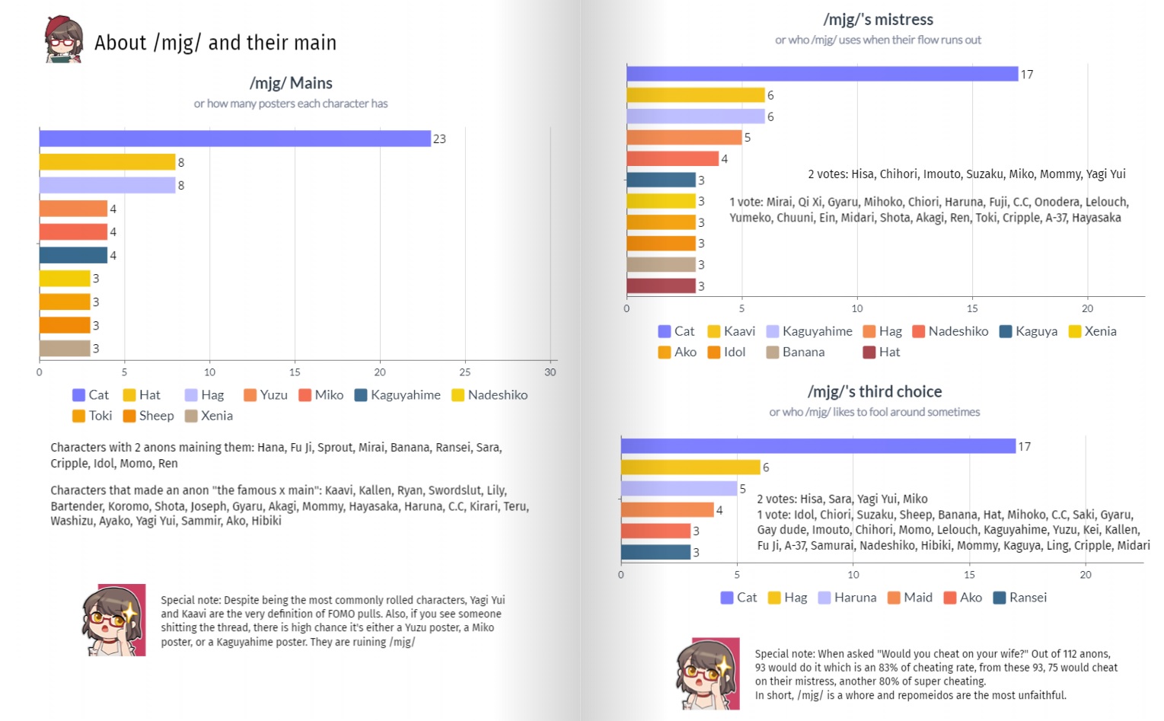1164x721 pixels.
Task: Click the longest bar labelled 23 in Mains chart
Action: pyautogui.click(x=234, y=139)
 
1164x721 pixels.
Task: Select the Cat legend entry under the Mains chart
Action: pyautogui.click(x=91, y=395)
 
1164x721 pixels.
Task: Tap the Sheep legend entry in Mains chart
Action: pyautogui.click(x=148, y=416)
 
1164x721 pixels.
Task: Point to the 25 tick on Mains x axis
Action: pyautogui.click(x=464, y=372)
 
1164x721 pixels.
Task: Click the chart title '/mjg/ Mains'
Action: pyautogui.click(x=291, y=83)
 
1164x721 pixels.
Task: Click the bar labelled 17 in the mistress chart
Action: pyautogui.click(x=822, y=74)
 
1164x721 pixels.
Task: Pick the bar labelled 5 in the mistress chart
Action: pyautogui.click(x=684, y=137)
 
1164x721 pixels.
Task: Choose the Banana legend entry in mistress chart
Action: pyautogui.click(x=796, y=352)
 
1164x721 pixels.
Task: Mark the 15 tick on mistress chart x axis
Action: pyautogui.click(x=972, y=308)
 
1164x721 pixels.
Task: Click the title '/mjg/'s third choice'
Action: pyautogui.click(x=875, y=391)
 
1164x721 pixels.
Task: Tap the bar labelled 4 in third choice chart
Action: pyautogui.click(x=667, y=510)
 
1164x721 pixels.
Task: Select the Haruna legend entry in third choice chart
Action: pyautogui.click(x=847, y=598)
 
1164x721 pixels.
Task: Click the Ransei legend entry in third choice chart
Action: pyautogui.click(x=1020, y=598)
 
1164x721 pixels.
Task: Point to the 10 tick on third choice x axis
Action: pyautogui.click(x=853, y=575)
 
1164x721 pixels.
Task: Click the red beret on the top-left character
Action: pyautogui.click(x=59, y=27)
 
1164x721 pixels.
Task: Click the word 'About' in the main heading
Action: pyautogui.click(x=120, y=43)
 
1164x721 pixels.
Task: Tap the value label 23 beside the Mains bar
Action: pyautogui.click(x=439, y=139)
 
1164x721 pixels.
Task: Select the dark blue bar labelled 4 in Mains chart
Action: pyautogui.click(x=73, y=255)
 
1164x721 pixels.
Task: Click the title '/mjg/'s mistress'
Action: pyautogui.click(x=878, y=20)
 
